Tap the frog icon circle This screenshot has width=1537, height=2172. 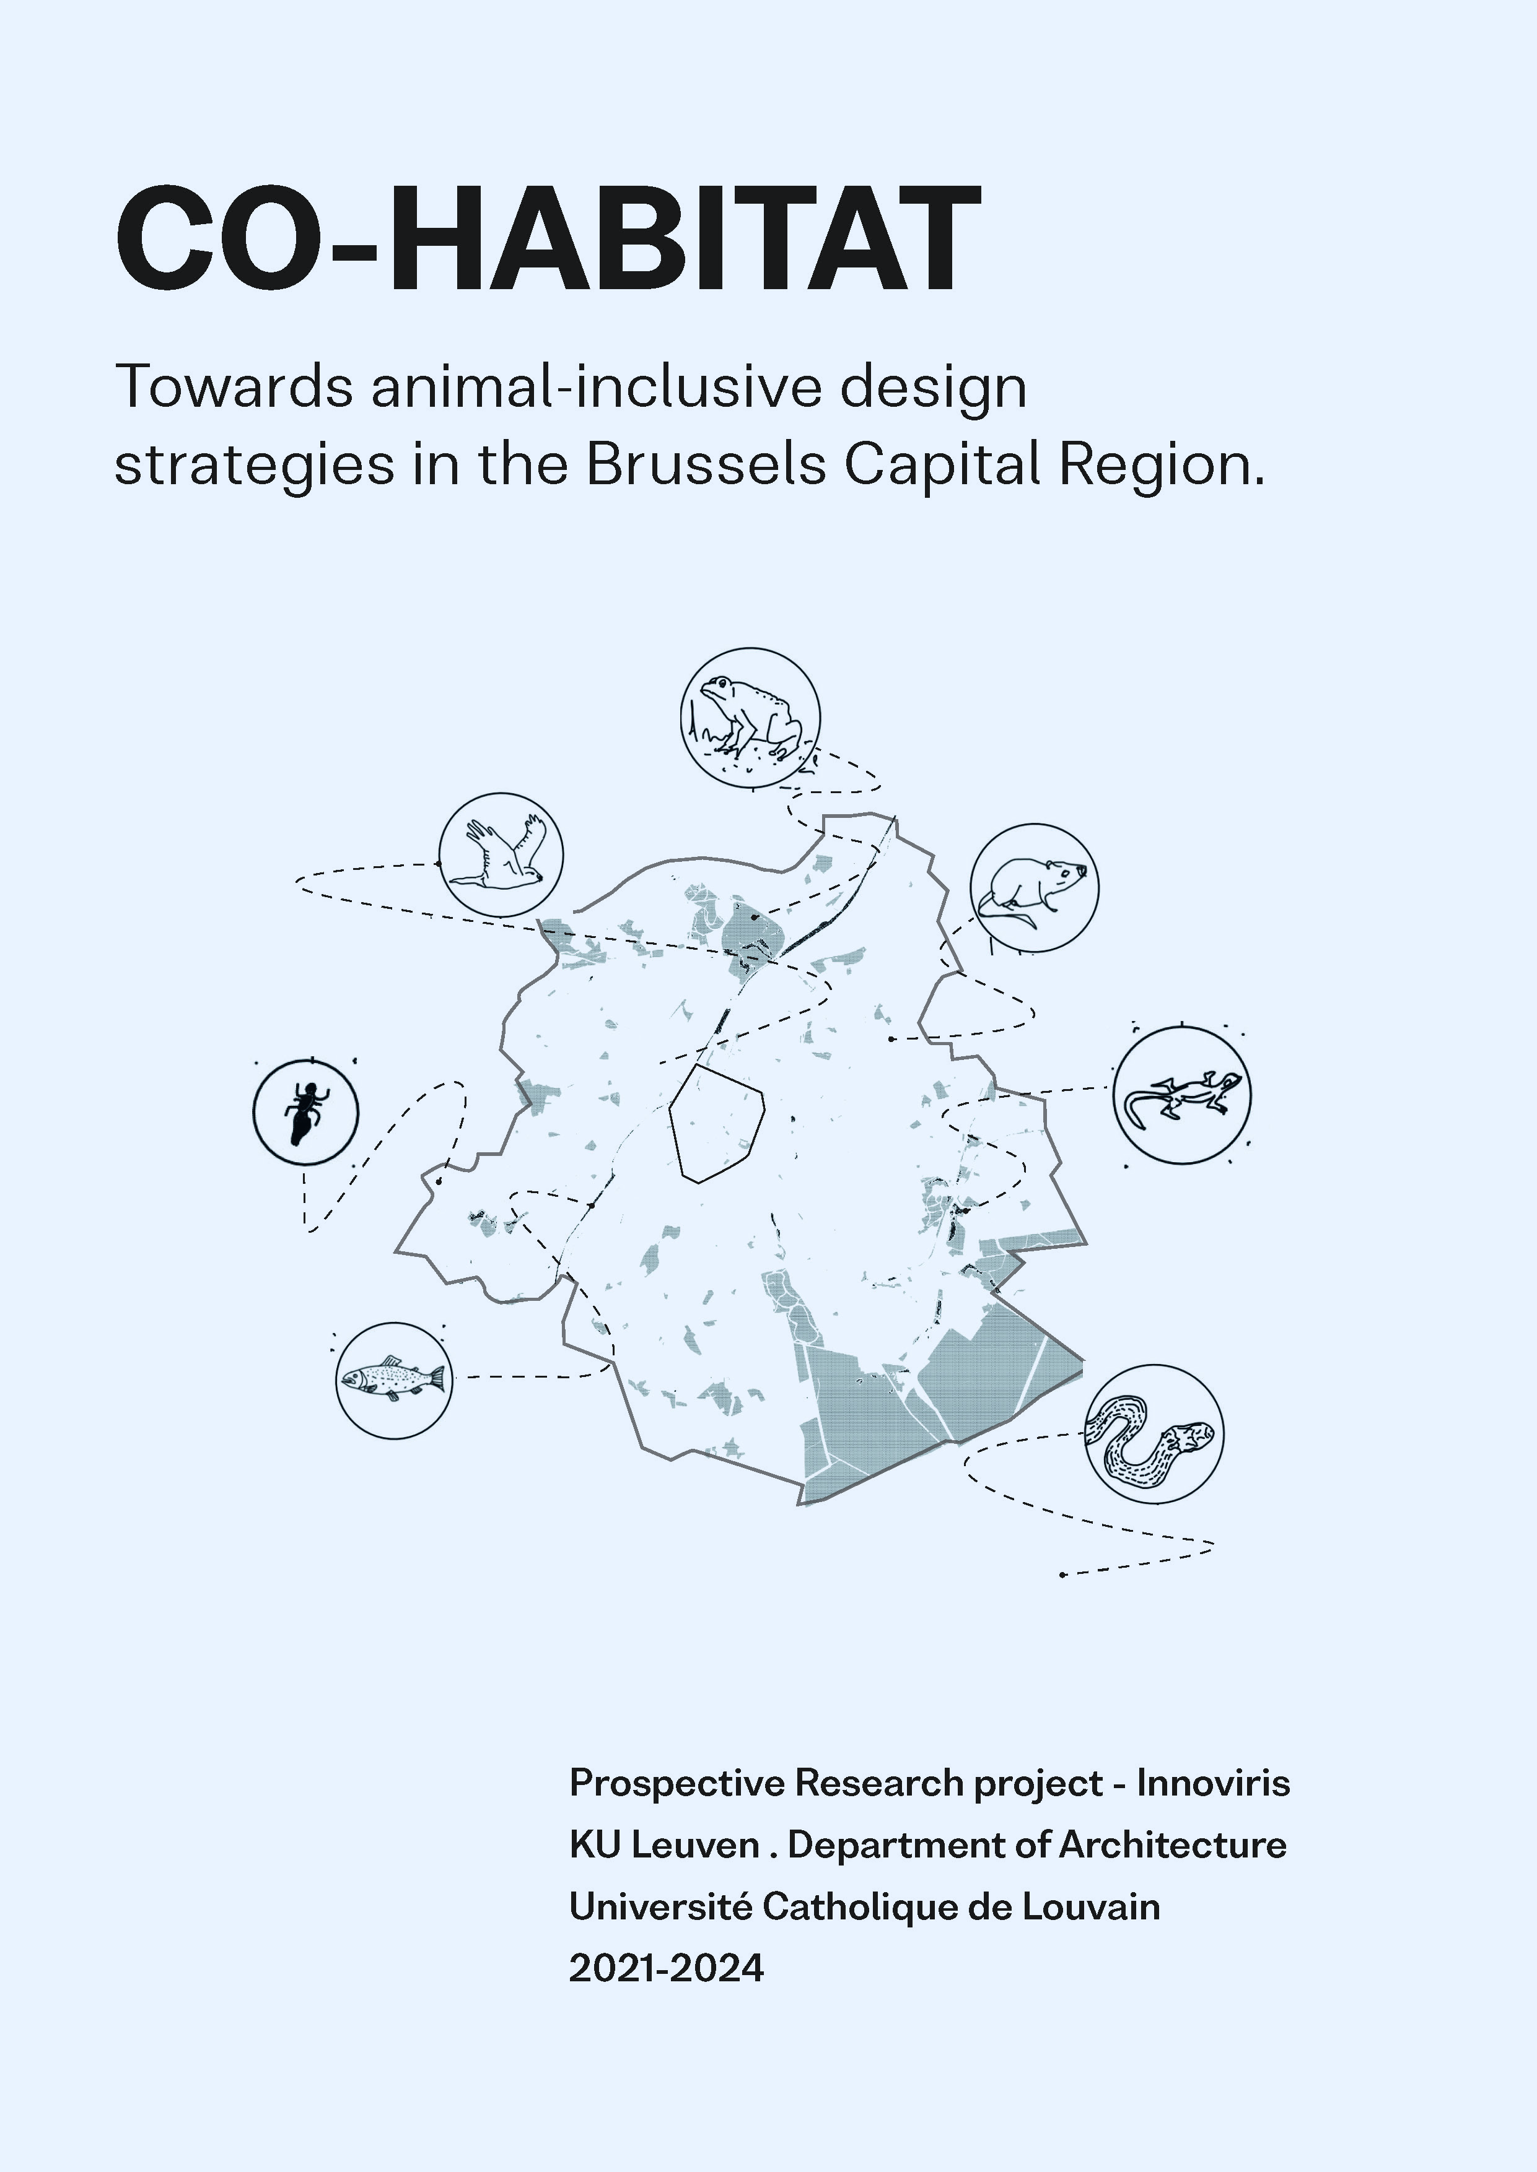(x=750, y=717)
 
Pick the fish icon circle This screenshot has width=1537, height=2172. (x=394, y=1380)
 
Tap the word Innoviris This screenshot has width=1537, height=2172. (x=1214, y=1783)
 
